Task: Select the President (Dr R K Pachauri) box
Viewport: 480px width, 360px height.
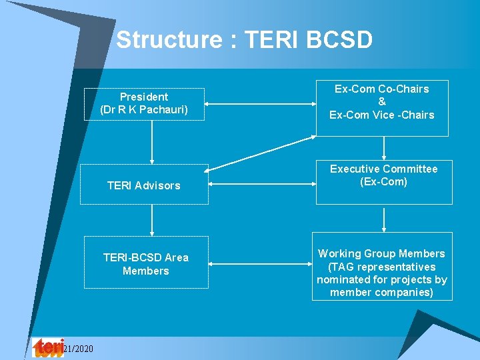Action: click(144, 104)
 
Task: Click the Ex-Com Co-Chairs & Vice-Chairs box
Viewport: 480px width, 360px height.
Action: click(381, 102)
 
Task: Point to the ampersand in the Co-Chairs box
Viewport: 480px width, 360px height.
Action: click(381, 102)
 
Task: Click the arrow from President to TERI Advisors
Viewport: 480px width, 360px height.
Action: click(153, 142)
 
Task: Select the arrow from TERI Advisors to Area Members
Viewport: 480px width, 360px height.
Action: click(153, 219)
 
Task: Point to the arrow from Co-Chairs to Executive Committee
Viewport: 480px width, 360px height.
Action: click(383, 147)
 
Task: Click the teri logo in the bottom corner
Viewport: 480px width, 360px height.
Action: click(48, 347)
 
